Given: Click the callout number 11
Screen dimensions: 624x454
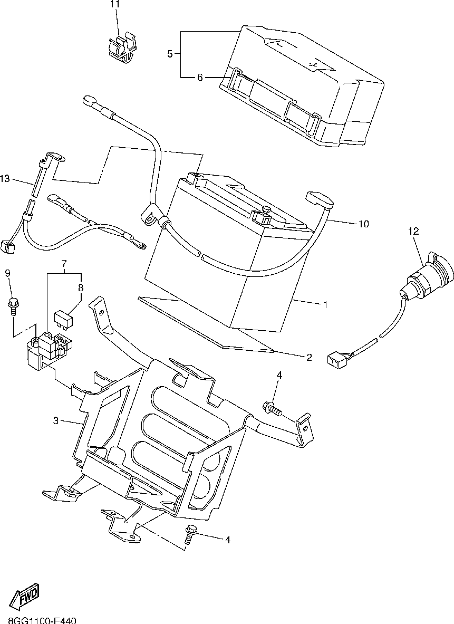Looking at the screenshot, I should point(115,4).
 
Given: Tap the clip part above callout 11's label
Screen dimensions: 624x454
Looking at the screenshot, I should point(122,49).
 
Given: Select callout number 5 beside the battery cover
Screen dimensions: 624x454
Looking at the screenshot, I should point(170,54).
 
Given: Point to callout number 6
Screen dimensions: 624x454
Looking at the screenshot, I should point(200,78).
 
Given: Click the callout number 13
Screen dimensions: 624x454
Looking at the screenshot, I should point(5,179).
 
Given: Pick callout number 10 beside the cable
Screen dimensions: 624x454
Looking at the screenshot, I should point(363,224).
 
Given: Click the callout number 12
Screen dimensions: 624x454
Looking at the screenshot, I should point(413,231).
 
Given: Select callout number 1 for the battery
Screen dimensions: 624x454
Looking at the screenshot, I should point(325,304).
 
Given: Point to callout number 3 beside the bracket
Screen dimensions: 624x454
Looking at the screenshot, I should point(55,420).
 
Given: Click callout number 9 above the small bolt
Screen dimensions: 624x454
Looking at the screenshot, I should point(8,273).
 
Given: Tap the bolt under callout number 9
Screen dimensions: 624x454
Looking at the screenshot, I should point(12,305).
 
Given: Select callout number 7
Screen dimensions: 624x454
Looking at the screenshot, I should point(64,263).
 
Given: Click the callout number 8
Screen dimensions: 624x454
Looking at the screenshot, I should point(81,288).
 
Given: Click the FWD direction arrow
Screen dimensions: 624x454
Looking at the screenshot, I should point(25,598).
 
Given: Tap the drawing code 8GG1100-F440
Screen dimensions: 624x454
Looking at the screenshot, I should point(42,620).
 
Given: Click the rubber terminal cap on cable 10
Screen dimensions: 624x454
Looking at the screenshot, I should point(320,200).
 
